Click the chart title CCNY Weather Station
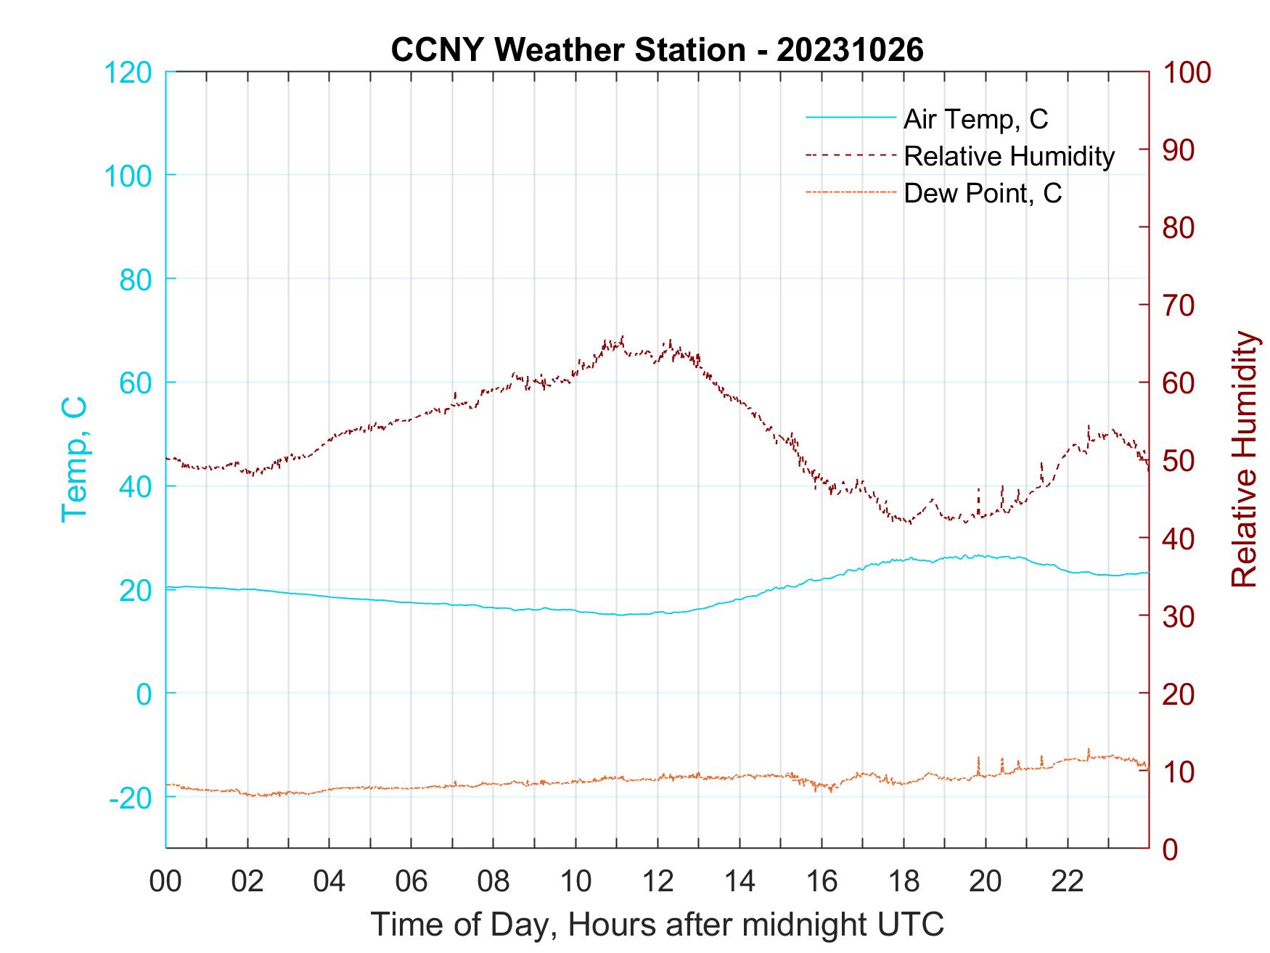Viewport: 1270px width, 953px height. tap(657, 50)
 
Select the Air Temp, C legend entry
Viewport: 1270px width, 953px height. tap(975, 118)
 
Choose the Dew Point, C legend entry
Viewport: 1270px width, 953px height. tap(983, 193)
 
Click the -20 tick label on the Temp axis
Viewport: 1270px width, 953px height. tap(131, 798)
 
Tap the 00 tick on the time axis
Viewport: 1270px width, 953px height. tap(165, 882)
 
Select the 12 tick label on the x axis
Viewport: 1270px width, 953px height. tap(657, 882)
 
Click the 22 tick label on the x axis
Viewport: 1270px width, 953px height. tap(1068, 882)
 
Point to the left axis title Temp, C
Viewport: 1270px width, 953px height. tap(74, 459)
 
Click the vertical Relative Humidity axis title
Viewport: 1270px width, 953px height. tap(1244, 459)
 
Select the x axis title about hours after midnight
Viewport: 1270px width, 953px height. tap(657, 925)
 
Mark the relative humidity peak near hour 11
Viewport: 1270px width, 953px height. tap(623, 337)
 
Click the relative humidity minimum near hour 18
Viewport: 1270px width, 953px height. tap(909, 523)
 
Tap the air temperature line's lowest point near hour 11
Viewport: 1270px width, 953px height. tap(620, 615)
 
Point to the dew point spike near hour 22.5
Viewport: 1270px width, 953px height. tap(1089, 749)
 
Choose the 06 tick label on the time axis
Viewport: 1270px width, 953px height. tap(411, 882)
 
